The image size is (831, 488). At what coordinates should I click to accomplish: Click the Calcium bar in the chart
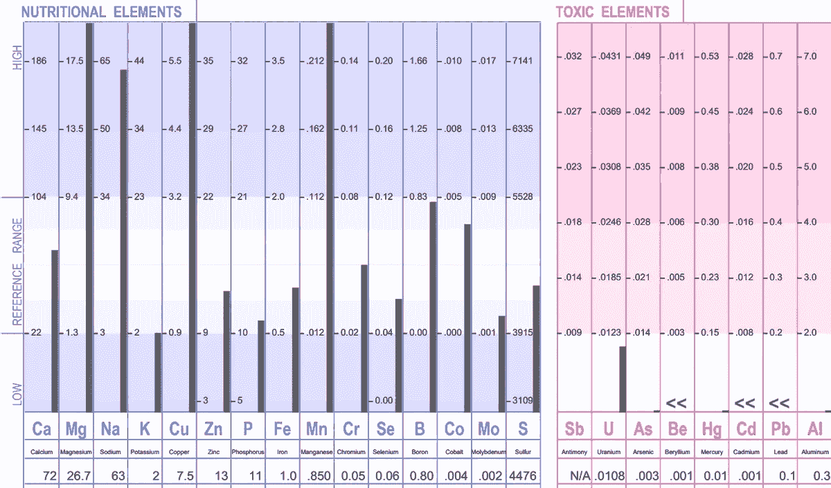coord(55,331)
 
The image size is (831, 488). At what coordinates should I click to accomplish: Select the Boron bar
coord(433,307)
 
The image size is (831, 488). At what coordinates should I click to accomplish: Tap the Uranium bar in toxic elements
coord(623,379)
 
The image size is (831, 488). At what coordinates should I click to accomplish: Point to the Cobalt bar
coord(467,318)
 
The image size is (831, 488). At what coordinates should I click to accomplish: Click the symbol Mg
coord(76,429)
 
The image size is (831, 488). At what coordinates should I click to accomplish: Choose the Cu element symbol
coord(179,429)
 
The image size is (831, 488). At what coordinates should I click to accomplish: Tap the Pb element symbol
coord(780,429)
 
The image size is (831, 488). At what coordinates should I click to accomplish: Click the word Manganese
coord(317,452)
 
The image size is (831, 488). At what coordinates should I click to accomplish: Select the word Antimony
coord(574,452)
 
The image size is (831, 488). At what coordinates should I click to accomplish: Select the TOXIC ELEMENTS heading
coord(613,12)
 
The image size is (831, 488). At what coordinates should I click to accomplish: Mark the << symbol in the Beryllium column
coord(676,403)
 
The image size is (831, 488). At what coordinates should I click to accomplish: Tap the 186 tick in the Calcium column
coord(39,61)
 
